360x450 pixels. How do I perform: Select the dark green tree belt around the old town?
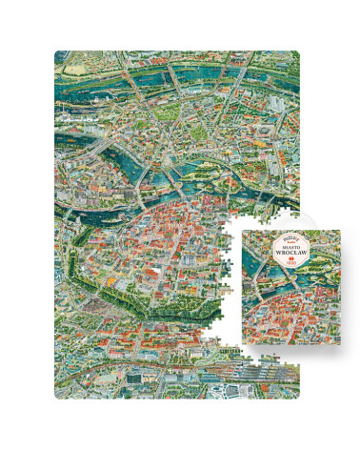tap(110, 286)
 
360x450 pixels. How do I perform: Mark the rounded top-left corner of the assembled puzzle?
tap(58, 54)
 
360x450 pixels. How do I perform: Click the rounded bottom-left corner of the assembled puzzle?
tap(58, 394)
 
